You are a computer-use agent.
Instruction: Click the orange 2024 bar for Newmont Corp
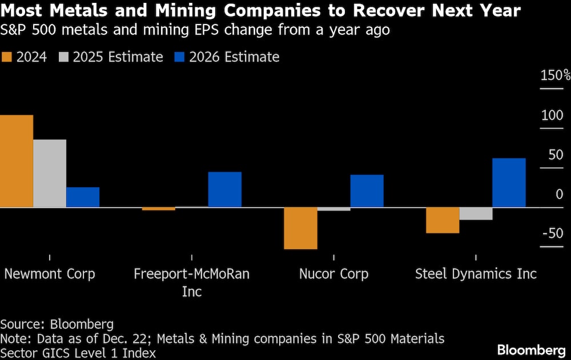point(17,161)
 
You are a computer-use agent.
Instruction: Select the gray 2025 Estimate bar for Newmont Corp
point(50,173)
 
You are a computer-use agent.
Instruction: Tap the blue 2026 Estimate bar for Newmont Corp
point(83,197)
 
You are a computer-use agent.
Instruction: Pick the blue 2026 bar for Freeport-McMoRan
point(225,189)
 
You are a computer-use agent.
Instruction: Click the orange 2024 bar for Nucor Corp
point(301,228)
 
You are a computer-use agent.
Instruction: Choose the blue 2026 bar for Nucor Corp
point(367,191)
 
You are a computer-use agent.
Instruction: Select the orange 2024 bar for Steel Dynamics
point(443,220)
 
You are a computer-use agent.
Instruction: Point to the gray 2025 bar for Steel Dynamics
point(476,213)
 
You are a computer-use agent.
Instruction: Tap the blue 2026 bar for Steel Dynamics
point(509,183)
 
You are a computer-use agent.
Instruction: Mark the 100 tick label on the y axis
point(552,115)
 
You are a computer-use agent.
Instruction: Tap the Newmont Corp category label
point(50,274)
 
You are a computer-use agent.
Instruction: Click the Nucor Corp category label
point(334,274)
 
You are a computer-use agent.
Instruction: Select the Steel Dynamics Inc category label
point(476,274)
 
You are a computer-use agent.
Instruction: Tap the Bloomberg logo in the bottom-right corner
point(531,349)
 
